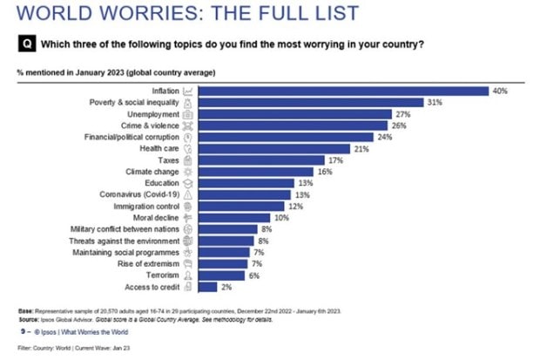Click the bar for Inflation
point(344,91)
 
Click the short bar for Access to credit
point(207,286)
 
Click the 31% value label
point(433,102)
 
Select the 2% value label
point(226,286)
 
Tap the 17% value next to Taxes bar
point(334,160)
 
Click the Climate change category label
point(152,172)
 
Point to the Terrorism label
point(162,274)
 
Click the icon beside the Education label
point(188,183)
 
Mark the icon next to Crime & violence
point(188,126)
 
